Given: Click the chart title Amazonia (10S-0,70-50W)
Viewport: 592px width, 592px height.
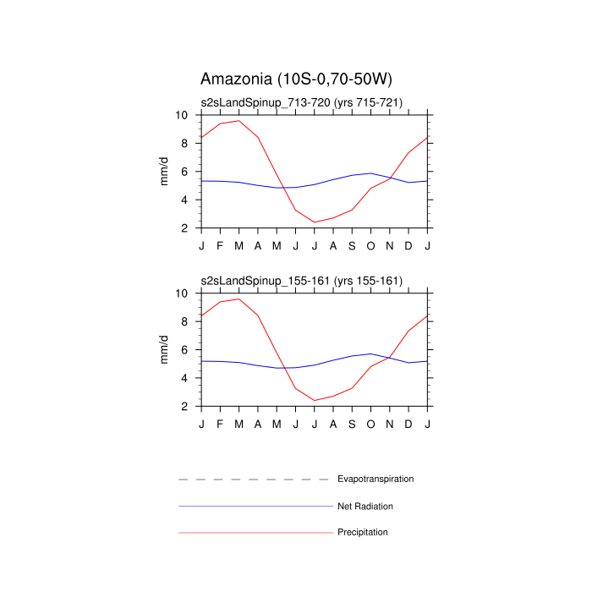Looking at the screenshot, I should [x=296, y=79].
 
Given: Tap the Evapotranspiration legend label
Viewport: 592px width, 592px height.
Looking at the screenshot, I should [x=375, y=479].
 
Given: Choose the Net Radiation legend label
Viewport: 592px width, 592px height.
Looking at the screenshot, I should [x=365, y=506].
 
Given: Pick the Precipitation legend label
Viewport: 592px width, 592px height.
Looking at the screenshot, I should [x=362, y=532].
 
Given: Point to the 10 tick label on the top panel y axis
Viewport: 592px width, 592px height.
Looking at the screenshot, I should [x=183, y=115].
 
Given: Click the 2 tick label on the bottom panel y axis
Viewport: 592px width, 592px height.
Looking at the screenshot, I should [x=185, y=406].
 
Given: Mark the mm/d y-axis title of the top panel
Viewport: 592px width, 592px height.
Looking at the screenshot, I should [x=166, y=172].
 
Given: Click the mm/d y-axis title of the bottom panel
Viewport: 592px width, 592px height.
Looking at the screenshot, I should [x=166, y=350].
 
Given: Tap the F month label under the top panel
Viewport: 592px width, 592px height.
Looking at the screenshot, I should [x=220, y=245].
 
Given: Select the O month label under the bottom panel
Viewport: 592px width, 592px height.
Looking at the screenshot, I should [x=371, y=424].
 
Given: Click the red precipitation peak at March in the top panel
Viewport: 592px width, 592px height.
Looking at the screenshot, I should [x=239, y=120].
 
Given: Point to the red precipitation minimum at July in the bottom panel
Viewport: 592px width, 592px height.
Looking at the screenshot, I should [x=315, y=401].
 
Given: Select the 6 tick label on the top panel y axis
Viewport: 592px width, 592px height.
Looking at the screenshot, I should [x=185, y=172].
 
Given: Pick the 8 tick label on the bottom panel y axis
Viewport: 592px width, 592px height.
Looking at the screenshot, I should [x=185, y=321].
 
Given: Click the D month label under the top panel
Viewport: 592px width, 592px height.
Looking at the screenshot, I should [x=409, y=245].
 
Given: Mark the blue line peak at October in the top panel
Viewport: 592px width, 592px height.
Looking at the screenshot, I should [x=371, y=173].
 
